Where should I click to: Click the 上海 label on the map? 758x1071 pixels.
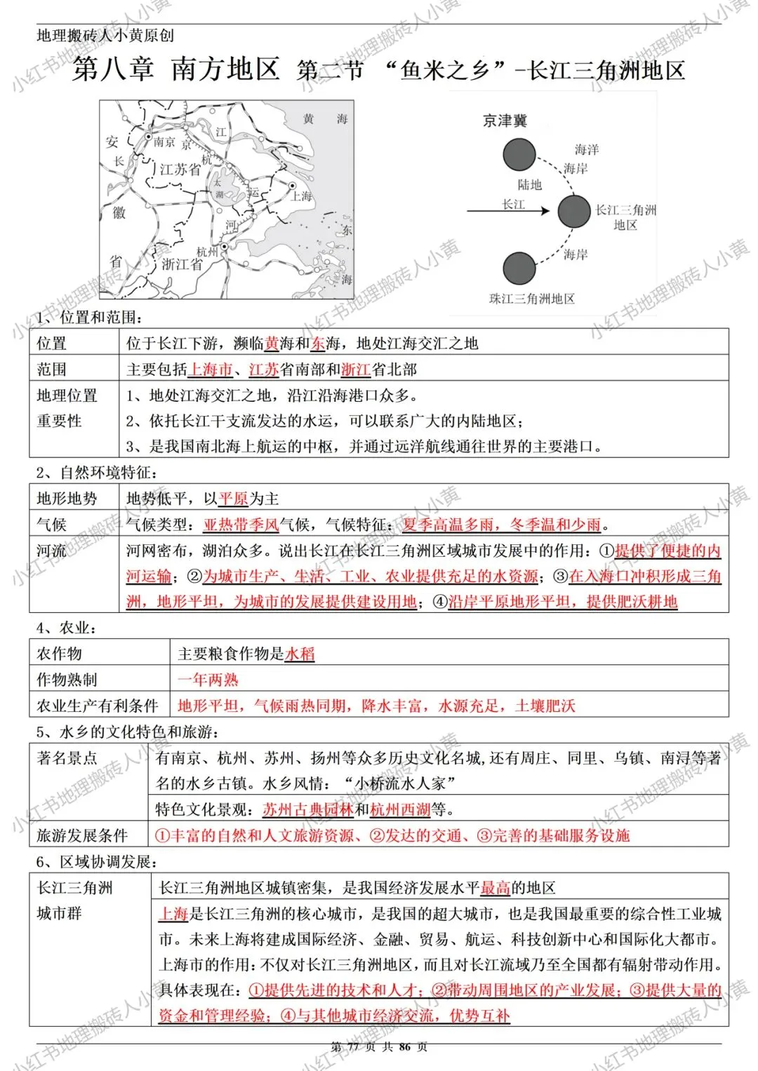point(301,196)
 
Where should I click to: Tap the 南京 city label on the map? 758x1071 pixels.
point(164,142)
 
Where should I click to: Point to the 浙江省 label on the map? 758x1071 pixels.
point(182,264)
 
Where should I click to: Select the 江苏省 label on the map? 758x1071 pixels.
point(180,170)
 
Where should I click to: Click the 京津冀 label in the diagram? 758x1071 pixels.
point(505,121)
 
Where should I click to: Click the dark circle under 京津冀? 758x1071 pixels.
point(519,155)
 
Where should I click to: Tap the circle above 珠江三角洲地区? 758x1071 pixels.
point(519,268)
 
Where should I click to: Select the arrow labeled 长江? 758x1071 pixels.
point(509,210)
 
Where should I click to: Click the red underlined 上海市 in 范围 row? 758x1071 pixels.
point(211,370)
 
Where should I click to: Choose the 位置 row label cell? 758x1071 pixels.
point(52,343)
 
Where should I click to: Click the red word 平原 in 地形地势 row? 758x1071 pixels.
point(233,499)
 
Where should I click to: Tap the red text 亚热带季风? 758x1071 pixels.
point(241,525)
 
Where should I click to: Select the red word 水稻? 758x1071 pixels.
point(300,654)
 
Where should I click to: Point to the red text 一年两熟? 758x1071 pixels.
point(208,680)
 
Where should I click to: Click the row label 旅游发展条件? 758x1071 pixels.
point(82,835)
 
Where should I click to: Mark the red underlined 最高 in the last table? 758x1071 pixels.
point(496,888)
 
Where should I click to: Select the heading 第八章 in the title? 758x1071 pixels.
point(113,69)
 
